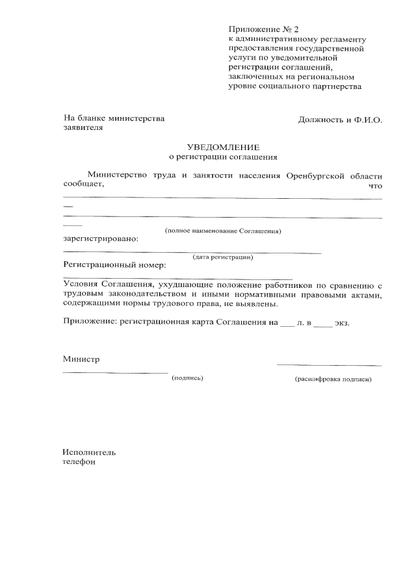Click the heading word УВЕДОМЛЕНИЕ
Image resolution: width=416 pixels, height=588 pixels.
tap(223, 147)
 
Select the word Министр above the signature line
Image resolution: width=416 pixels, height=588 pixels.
tap(82, 359)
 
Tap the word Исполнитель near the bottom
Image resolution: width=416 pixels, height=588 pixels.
tap(90, 452)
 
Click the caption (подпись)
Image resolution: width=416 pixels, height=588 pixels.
tap(187, 377)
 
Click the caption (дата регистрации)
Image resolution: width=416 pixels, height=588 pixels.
tap(223, 257)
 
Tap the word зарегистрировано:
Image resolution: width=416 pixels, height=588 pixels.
tap(100, 238)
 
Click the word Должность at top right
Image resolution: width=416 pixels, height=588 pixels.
tap(320, 120)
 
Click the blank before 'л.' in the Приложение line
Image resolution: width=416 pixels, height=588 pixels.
tap(287, 324)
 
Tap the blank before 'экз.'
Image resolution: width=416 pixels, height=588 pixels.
tap(322, 324)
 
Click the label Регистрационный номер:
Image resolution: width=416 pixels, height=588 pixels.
tap(114, 265)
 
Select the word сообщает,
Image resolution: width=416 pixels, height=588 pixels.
tap(84, 185)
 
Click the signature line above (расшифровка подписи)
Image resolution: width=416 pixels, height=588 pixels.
tap(329, 366)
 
